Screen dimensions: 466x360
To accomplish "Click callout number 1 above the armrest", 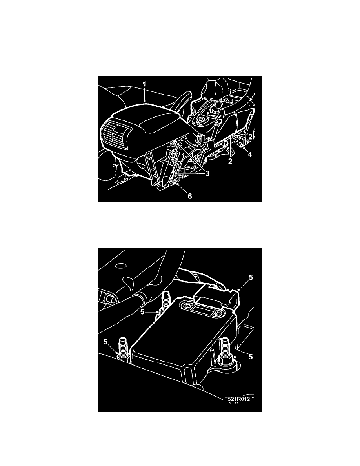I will [x=144, y=84].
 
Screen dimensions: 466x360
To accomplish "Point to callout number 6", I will [x=189, y=196].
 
